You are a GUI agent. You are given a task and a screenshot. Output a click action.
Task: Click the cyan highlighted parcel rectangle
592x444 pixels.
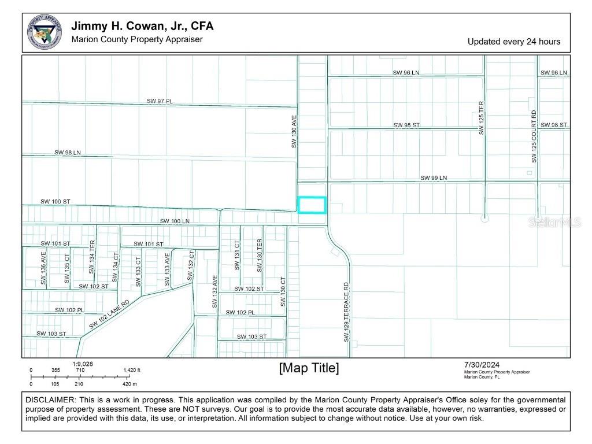312,205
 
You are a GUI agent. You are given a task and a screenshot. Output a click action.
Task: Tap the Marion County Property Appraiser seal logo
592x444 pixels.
44,32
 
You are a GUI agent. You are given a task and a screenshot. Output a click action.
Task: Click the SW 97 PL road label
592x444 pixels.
160,101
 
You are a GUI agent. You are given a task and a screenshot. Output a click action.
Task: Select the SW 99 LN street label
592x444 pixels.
434,177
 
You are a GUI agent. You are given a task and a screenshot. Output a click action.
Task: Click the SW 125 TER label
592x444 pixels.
481,118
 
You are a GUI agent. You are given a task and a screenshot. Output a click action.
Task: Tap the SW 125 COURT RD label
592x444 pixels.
534,136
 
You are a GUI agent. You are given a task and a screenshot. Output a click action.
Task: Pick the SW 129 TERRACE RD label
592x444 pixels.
346,312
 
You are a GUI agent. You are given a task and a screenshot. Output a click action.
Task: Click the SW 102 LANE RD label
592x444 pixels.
109,314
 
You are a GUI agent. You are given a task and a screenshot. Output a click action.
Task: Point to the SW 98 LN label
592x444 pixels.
68,152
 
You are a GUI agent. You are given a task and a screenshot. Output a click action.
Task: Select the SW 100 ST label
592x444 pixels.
55,201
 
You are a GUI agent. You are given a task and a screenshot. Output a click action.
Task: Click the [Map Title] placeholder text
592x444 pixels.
309,368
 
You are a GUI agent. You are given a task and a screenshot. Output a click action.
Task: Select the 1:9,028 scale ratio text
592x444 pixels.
83,364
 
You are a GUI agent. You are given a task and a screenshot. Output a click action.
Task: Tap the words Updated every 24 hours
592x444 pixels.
513,42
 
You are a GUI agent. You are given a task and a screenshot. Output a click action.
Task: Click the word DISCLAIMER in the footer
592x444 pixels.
50,400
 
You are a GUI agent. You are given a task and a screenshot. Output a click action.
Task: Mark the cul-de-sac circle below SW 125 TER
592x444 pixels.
484,218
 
